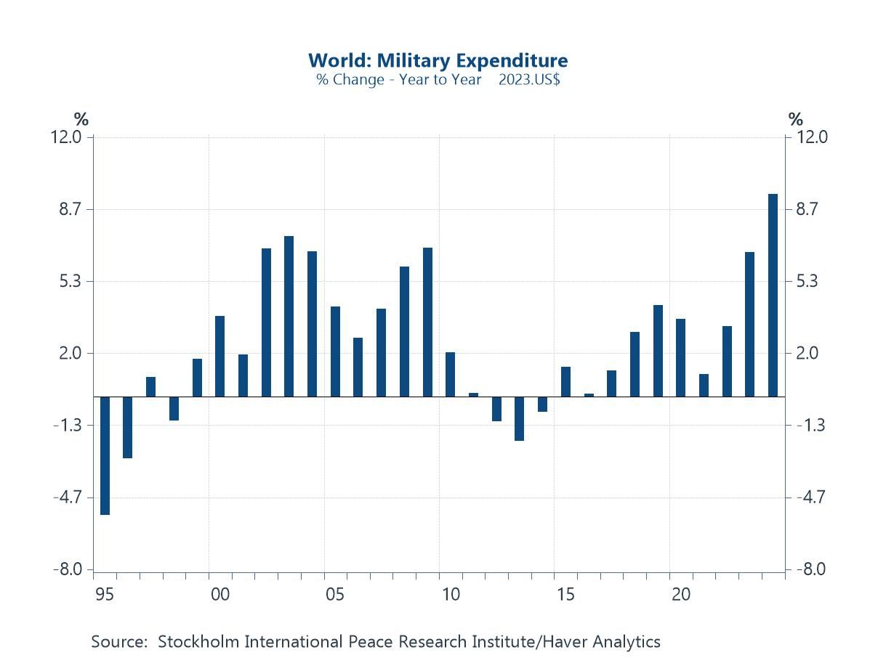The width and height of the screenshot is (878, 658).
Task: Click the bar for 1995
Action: (105, 455)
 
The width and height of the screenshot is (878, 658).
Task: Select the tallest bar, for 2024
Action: (773, 295)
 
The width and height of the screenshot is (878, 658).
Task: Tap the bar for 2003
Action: (289, 316)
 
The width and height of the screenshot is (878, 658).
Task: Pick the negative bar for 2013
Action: (519, 418)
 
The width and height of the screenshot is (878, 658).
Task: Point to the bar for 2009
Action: (427, 322)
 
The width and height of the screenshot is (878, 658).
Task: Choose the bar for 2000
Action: (219, 356)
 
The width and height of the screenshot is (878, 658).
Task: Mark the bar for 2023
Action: (749, 324)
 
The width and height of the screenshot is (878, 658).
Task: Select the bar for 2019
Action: (658, 351)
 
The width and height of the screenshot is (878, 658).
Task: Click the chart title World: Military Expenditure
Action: (438, 60)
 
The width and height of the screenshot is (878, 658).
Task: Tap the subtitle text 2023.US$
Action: (529, 80)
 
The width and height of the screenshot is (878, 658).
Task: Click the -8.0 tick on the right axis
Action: (811, 569)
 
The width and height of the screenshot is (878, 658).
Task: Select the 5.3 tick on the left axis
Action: (72, 281)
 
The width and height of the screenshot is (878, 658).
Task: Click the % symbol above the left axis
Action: (81, 120)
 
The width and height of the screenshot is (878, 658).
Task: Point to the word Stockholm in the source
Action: (198, 642)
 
